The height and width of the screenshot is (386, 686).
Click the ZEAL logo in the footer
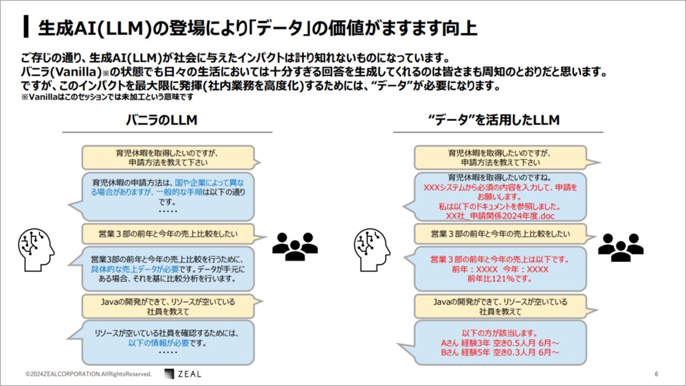(183, 374)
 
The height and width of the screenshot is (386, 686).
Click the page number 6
(656, 374)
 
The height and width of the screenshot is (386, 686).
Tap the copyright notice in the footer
(88, 374)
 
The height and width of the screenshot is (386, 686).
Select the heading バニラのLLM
(162, 120)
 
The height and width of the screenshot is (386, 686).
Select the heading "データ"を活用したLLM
(494, 120)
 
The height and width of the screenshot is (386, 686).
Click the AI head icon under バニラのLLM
(36, 250)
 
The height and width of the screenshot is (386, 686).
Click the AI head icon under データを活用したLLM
(372, 250)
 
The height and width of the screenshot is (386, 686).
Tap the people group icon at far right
(621, 248)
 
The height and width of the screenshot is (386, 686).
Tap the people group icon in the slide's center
(295, 246)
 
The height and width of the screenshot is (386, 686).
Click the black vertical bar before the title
(26, 27)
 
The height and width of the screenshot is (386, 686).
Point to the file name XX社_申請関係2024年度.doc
(500, 216)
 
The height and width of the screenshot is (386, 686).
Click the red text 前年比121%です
(499, 279)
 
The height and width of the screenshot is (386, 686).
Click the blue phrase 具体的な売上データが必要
(135, 269)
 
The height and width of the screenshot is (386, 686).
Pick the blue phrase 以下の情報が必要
(158, 343)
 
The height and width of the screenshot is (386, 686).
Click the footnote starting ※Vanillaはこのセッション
(108, 97)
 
